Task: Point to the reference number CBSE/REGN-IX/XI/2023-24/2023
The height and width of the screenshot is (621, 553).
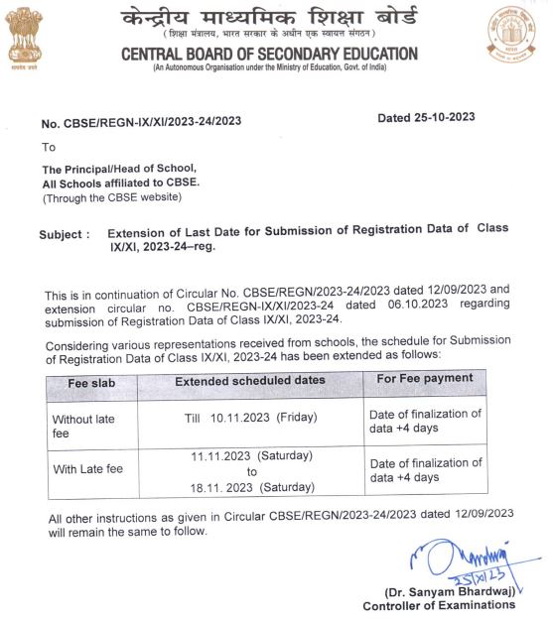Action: point(140,122)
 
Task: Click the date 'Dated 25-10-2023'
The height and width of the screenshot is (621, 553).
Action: point(426,117)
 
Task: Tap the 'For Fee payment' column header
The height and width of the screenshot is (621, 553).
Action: point(425,378)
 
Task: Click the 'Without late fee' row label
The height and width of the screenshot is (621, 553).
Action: point(83,426)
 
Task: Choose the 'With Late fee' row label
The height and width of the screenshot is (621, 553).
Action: point(87,469)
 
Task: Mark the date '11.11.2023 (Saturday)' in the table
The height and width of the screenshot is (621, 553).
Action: point(251,455)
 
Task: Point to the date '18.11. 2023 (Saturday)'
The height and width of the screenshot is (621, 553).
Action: point(251,487)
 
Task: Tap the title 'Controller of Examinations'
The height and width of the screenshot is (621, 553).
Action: point(439,606)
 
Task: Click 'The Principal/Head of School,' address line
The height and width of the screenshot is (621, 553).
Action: point(119,169)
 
